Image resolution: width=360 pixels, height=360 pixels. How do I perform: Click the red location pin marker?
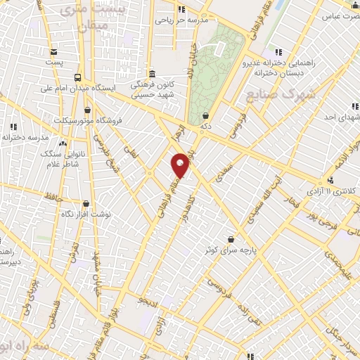click(x=181, y=165)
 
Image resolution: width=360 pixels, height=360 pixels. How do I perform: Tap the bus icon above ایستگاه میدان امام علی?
click(x=77, y=78)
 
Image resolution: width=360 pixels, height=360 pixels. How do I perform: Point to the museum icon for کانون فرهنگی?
click(x=152, y=74)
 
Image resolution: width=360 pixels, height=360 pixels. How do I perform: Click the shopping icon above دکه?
click(x=205, y=115)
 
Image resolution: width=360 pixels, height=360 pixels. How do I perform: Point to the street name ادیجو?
click(x=149, y=301)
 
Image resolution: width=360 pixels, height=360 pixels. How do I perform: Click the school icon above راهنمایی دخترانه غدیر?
click(x=278, y=52)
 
